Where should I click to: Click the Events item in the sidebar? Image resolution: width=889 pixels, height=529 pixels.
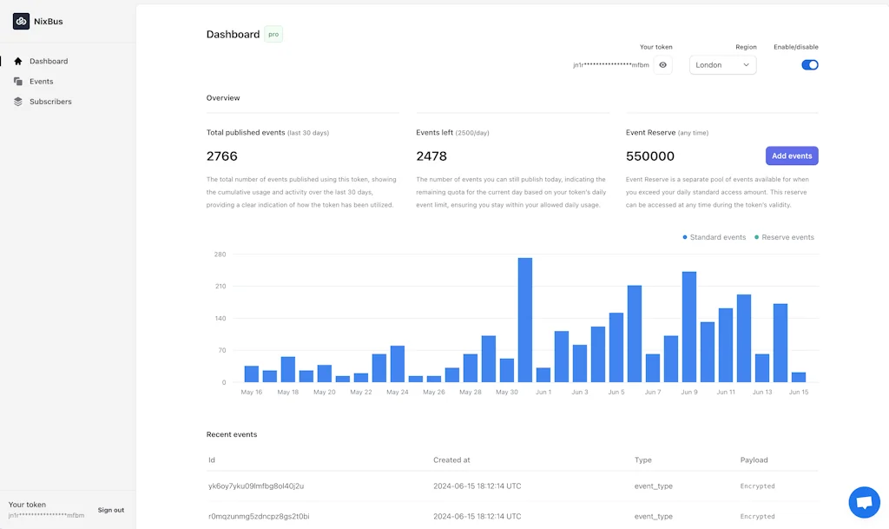41,82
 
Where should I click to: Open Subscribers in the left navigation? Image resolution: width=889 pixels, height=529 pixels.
49,102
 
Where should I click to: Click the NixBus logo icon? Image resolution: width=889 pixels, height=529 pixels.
22,21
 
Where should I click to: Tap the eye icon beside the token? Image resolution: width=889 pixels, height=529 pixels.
663,65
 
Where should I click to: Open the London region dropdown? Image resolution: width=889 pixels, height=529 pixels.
722,65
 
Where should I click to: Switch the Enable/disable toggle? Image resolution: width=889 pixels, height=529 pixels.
809,65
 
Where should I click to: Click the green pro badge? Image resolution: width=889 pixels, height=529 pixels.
273,35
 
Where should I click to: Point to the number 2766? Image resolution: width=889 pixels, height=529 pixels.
222,156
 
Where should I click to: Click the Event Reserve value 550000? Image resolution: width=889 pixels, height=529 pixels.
650,156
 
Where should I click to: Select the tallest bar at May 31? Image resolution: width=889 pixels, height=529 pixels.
525,320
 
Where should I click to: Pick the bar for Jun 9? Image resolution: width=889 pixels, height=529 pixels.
689,327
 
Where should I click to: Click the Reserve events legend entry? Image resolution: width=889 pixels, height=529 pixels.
785,237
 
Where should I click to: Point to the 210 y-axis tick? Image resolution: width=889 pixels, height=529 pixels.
221,287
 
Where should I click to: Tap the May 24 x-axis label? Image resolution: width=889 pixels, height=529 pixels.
398,393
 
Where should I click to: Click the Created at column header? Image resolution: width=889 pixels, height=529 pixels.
451,460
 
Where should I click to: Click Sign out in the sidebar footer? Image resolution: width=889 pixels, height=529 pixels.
111,510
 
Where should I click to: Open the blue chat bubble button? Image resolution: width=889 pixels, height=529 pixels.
863,502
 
